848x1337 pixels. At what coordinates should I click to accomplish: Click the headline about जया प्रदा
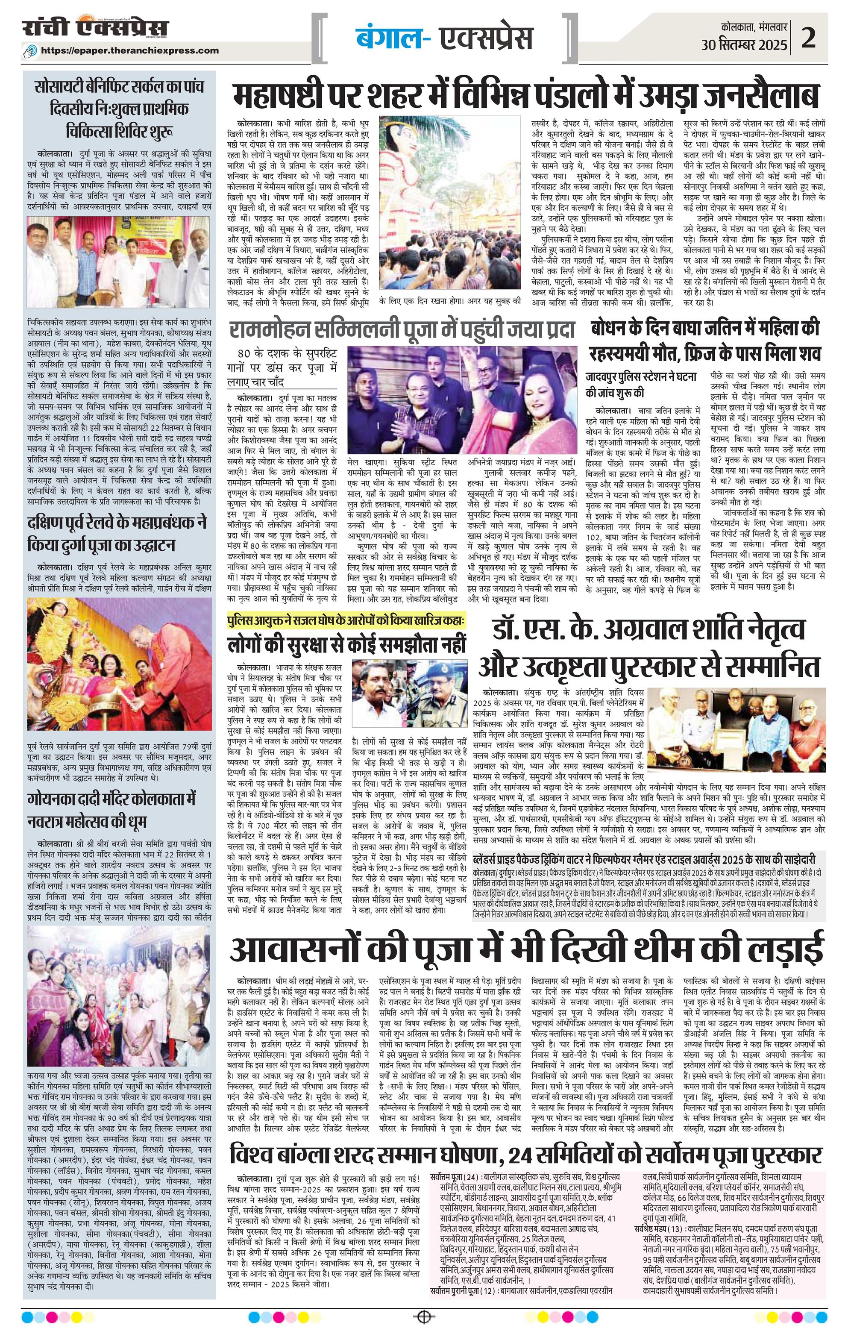pos(402,331)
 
